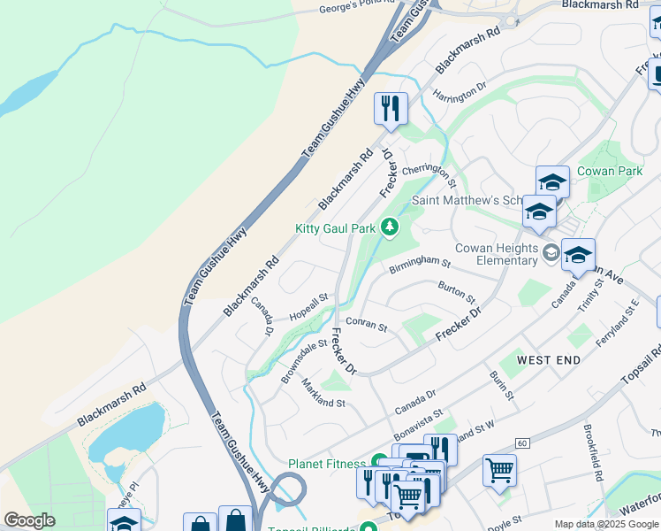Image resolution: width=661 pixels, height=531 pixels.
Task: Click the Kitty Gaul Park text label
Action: [335, 228]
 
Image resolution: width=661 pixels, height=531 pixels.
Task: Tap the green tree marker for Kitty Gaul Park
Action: [389, 228]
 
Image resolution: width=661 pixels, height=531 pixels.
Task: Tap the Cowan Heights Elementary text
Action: [497, 254]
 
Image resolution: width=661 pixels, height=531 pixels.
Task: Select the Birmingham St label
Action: [421, 263]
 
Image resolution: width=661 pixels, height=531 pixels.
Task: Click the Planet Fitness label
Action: [327, 464]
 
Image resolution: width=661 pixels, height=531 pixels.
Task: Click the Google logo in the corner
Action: [29, 520]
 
